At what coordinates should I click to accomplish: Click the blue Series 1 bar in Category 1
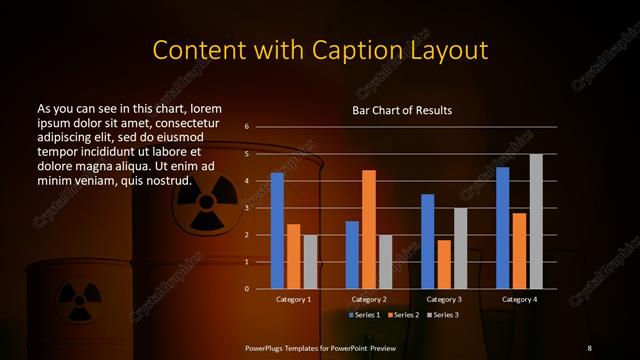pyautogui.click(x=277, y=231)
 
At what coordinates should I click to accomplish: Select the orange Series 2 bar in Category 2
pyautogui.click(x=369, y=229)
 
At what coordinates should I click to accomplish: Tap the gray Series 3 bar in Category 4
pyautogui.click(x=536, y=221)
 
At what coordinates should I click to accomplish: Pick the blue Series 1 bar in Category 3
pyautogui.click(x=428, y=241)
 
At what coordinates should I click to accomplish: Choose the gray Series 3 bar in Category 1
pyautogui.click(x=309, y=262)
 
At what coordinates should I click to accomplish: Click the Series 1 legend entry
pyautogui.click(x=367, y=315)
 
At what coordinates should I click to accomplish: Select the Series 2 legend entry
pyautogui.click(x=402, y=315)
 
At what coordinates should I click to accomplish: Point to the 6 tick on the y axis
pyautogui.click(x=246, y=127)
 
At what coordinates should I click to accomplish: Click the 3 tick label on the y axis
pyautogui.click(x=246, y=208)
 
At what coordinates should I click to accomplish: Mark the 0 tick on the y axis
pyautogui.click(x=246, y=289)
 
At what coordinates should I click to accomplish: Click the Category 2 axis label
pyautogui.click(x=369, y=300)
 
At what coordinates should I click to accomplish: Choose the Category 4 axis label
pyautogui.click(x=519, y=300)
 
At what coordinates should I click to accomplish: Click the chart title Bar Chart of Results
pyautogui.click(x=402, y=110)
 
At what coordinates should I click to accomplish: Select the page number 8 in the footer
pyautogui.click(x=589, y=346)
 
